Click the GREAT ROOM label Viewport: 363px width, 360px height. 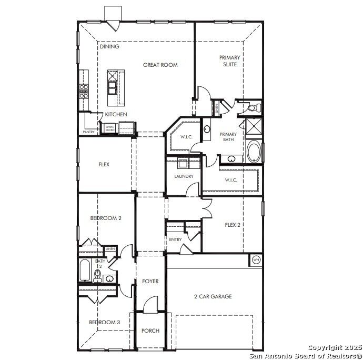(x=160, y=65)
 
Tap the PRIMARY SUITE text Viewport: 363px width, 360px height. (x=229, y=61)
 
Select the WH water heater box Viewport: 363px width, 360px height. (x=256, y=259)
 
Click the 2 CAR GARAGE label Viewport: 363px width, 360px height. (x=213, y=297)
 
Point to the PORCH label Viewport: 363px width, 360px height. (x=150, y=331)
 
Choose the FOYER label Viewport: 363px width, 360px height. (x=150, y=282)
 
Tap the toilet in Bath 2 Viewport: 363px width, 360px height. (x=97, y=275)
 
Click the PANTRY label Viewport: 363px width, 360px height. (x=89, y=132)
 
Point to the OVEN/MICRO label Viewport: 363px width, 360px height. (x=110, y=128)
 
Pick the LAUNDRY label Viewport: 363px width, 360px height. (x=184, y=176)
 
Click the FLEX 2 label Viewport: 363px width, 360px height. (x=233, y=225)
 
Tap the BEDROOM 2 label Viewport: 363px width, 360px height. (x=106, y=218)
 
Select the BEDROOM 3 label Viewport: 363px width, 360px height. (x=104, y=322)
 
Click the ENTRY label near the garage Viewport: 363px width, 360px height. (x=175, y=239)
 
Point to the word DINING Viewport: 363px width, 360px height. (x=109, y=46)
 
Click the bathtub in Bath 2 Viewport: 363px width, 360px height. (x=84, y=271)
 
